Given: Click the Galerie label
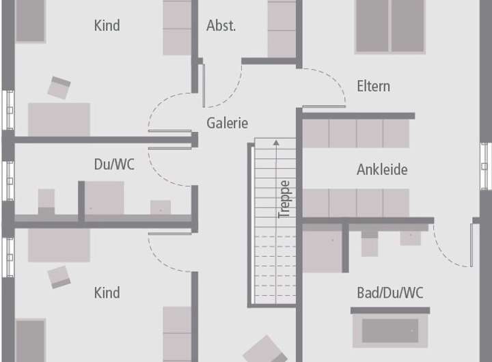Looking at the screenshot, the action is (227, 123).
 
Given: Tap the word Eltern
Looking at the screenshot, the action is (373, 86).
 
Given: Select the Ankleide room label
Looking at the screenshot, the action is (382, 169).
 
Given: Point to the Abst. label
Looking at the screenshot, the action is (221, 25).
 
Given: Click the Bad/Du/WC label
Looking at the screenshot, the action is (390, 293).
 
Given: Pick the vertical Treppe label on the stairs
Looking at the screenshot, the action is (284, 199).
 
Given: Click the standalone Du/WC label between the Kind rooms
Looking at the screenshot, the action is (114, 164).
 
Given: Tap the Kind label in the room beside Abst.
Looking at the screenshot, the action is (107, 25).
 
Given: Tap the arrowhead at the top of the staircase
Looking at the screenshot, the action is (276, 143).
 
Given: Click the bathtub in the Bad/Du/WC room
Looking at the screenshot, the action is (390, 331).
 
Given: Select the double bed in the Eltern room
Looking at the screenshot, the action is (390, 27).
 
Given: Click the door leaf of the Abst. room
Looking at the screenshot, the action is (204, 85).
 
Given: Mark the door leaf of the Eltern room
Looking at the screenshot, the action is (324, 107).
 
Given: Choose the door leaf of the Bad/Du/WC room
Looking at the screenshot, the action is (471, 245).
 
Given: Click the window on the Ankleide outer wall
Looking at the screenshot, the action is (486, 166).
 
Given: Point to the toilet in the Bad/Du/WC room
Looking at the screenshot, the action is (370, 243).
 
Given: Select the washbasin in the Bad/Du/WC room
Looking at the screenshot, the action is (411, 238).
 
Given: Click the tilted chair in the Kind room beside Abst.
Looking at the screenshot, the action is (59, 87).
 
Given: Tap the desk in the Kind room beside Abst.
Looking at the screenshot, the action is (59, 120).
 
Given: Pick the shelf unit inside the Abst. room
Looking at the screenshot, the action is (282, 29).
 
